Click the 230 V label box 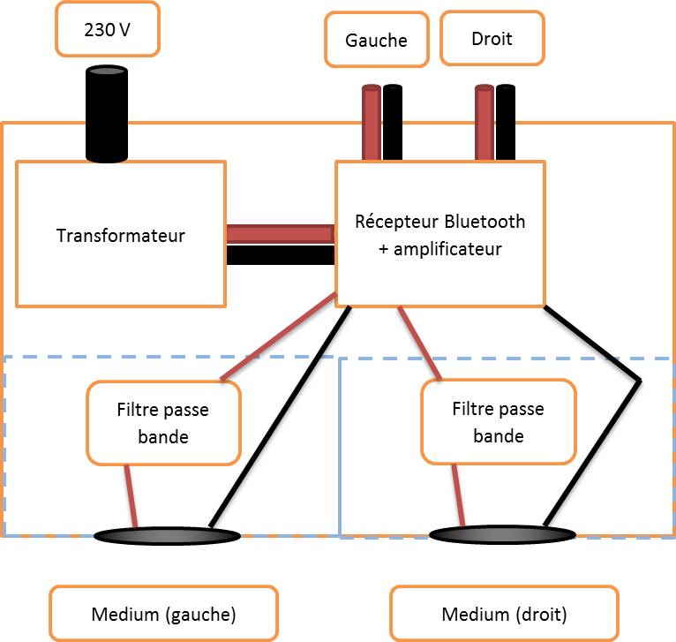pyautogui.click(x=107, y=29)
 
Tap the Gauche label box pyautogui.click(x=376, y=40)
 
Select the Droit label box pyautogui.click(x=491, y=38)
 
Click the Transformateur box pyautogui.click(x=121, y=234)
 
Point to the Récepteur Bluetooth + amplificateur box pyautogui.click(x=439, y=234)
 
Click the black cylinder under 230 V pyautogui.click(x=107, y=113)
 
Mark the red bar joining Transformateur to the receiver pyautogui.click(x=280, y=234)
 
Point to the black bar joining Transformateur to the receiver pyautogui.click(x=280, y=254)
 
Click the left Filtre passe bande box pyautogui.click(x=163, y=423)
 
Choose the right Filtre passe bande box pyautogui.click(x=498, y=422)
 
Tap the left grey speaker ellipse pyautogui.click(x=167, y=535)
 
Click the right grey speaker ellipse pyautogui.click(x=501, y=534)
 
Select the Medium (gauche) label pyautogui.click(x=163, y=614)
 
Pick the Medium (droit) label pyautogui.click(x=503, y=614)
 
